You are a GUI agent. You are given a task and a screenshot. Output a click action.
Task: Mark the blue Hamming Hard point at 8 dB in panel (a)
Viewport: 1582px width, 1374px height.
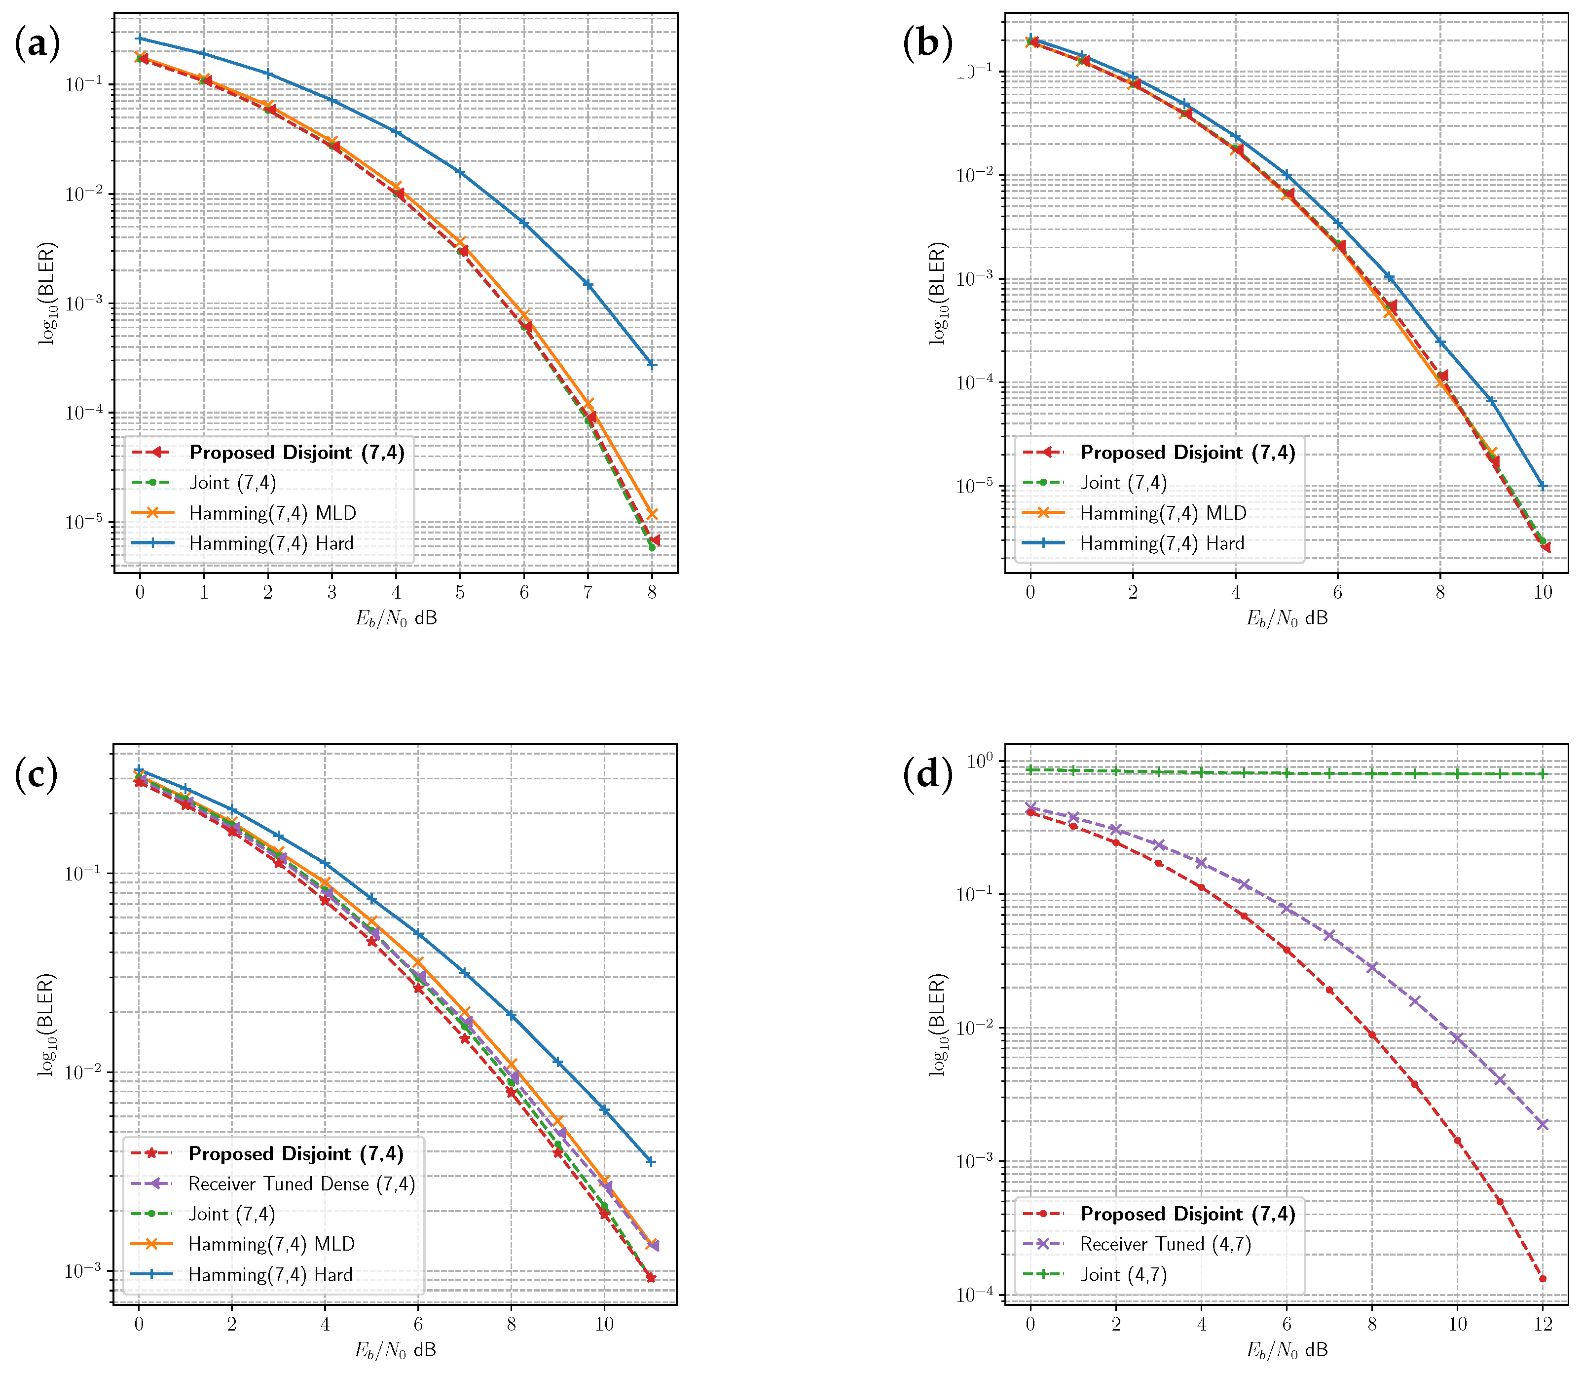652,364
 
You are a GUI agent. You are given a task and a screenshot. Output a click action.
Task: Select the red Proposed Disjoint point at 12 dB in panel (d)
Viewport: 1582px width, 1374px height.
1542,1279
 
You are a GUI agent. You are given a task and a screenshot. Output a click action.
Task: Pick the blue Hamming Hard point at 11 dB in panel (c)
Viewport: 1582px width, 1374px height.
651,1162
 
